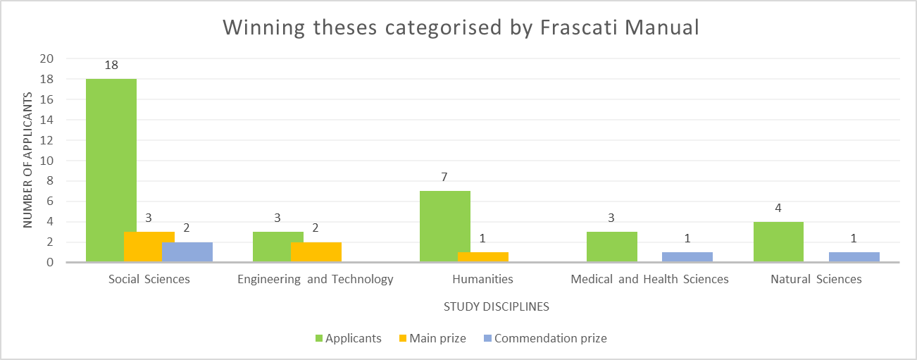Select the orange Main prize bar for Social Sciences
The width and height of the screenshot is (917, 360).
coord(149,247)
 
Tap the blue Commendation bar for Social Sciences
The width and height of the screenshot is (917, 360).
coord(187,252)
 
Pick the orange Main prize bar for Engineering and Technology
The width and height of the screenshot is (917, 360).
coord(316,252)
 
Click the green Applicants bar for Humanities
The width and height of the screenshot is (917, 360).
coord(444,226)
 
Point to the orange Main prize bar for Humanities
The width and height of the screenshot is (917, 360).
coord(482,257)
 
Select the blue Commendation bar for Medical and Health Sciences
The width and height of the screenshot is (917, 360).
coord(687,257)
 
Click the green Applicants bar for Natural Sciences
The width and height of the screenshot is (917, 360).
coord(778,242)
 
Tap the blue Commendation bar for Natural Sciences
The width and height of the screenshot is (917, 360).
coord(854,257)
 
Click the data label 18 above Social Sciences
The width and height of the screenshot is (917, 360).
coord(111,66)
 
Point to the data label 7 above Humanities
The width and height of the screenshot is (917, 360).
coord(444,177)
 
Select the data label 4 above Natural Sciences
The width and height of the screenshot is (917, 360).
coord(778,208)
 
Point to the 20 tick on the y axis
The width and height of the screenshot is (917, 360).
coord(47,58)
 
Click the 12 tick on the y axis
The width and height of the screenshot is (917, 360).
coord(47,140)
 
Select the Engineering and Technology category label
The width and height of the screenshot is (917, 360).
coord(315,279)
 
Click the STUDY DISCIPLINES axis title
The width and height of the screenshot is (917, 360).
coord(496,307)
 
